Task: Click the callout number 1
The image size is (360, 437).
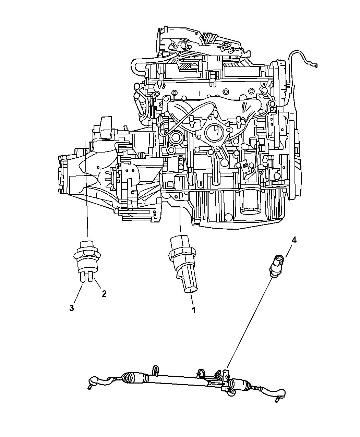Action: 193,310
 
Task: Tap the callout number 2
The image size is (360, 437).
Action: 103,293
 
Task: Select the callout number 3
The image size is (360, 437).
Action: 72,308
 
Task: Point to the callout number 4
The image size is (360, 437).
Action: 294,240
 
